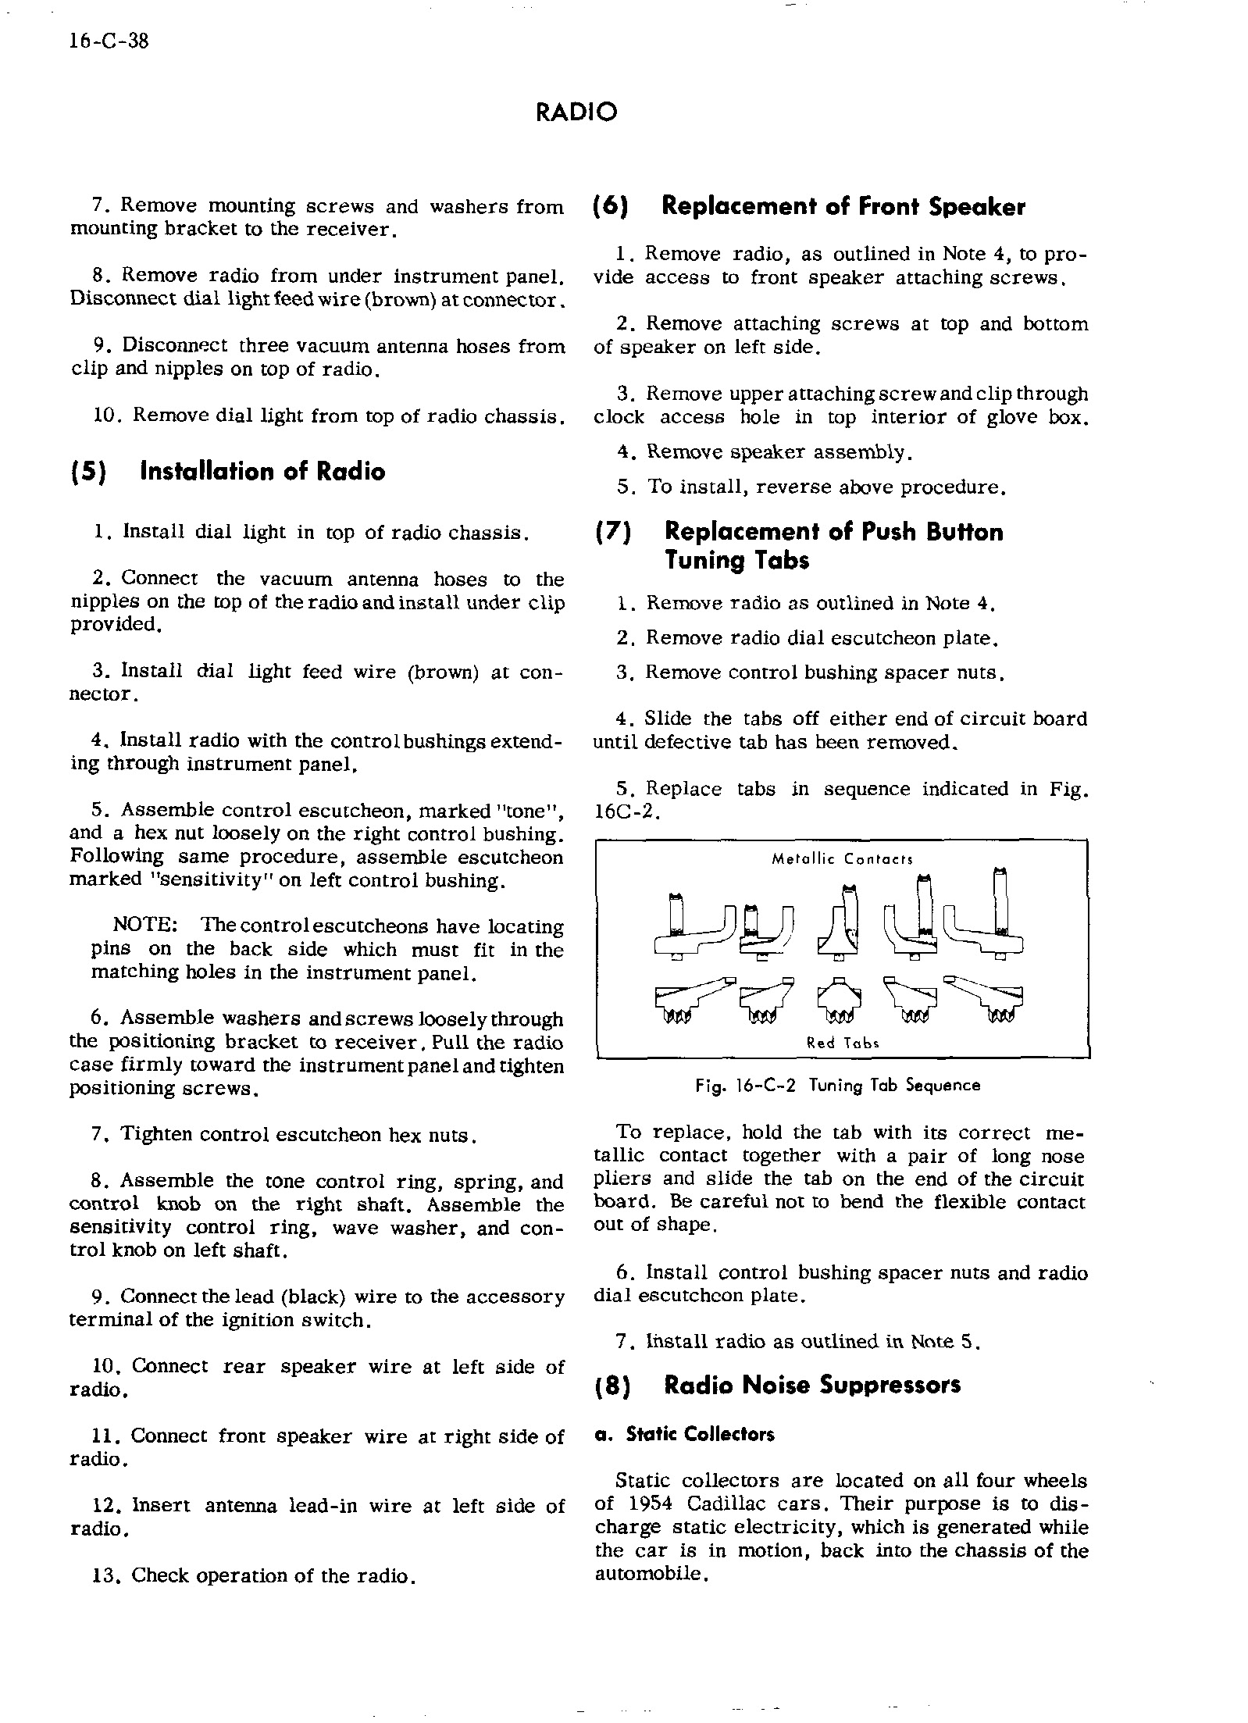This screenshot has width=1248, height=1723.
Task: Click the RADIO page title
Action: click(576, 112)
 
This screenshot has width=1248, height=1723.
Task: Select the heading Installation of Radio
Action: click(262, 472)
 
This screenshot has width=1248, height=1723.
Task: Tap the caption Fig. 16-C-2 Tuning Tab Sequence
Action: click(837, 1086)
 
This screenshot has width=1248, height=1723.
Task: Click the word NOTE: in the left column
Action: click(146, 926)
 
